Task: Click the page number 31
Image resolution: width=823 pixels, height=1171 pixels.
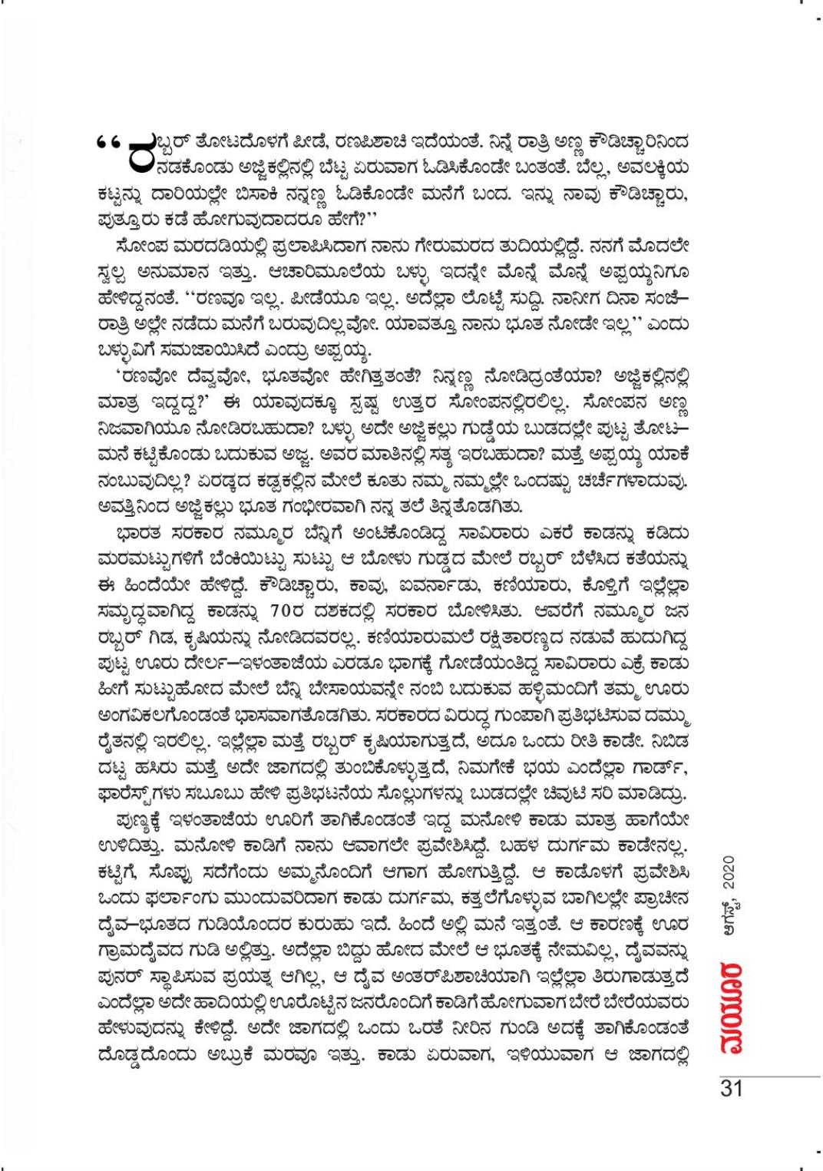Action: (x=730, y=1089)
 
